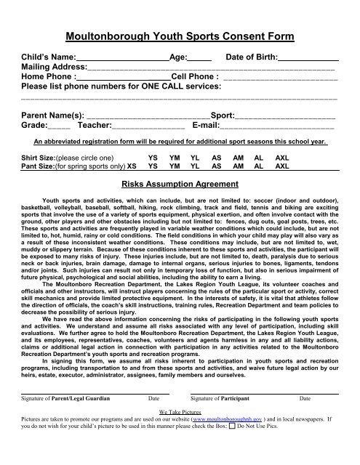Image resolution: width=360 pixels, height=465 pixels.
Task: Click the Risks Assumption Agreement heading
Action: point(180,185)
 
